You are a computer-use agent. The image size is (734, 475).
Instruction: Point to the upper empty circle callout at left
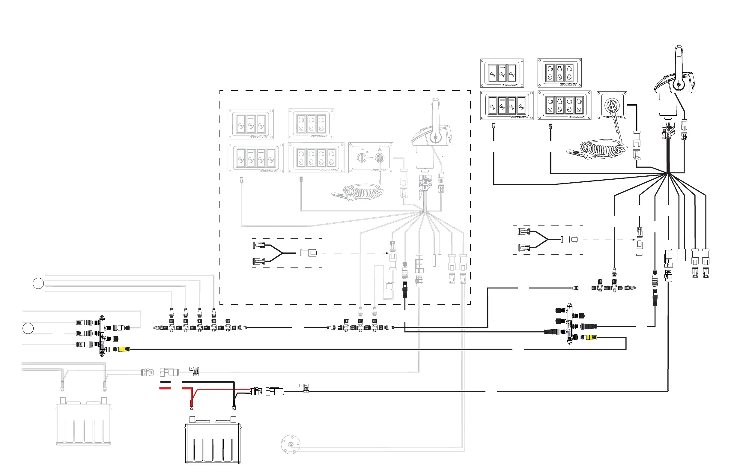pos(38,283)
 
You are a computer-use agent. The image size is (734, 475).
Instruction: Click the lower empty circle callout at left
pos(28,328)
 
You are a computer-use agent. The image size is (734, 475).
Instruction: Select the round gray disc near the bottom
pos(291,444)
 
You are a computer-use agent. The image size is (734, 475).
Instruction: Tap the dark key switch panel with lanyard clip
pos(612,106)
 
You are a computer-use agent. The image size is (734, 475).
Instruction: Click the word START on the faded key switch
pos(370,158)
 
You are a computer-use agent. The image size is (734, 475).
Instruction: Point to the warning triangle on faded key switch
pos(380,149)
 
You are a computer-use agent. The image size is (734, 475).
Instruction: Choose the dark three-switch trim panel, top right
pos(502,73)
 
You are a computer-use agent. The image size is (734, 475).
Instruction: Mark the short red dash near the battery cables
pos(165,388)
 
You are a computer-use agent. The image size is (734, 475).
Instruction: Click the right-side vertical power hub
pos(569,323)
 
